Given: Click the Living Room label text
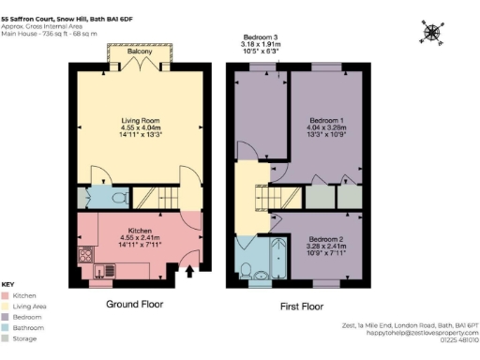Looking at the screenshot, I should coord(138,121).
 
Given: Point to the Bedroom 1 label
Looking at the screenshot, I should coord(327,121).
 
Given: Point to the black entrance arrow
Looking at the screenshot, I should coord(192,274).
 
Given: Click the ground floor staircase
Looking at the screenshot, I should coord(152,197).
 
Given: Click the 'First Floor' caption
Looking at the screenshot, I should coord(303,306).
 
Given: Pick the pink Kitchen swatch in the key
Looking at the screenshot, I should coord(6,294).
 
